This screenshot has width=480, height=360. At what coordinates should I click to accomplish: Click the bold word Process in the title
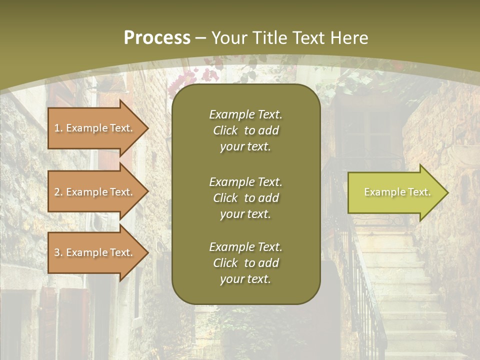[157, 38]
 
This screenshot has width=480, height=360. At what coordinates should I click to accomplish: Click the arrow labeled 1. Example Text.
[95, 128]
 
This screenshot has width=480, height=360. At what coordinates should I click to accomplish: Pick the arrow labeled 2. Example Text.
[95, 192]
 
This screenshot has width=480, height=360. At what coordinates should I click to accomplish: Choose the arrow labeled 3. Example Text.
[95, 252]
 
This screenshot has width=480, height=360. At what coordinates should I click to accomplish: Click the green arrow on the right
[395, 192]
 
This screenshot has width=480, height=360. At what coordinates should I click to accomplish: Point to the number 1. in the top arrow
[58, 128]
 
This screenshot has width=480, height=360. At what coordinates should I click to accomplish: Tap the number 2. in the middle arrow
[58, 192]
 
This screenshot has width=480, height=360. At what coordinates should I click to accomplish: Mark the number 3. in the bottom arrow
[58, 252]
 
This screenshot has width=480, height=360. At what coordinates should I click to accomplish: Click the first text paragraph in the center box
[245, 130]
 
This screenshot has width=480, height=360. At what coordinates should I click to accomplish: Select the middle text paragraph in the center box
[245, 197]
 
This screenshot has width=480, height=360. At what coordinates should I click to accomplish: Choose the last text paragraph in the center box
[245, 263]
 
